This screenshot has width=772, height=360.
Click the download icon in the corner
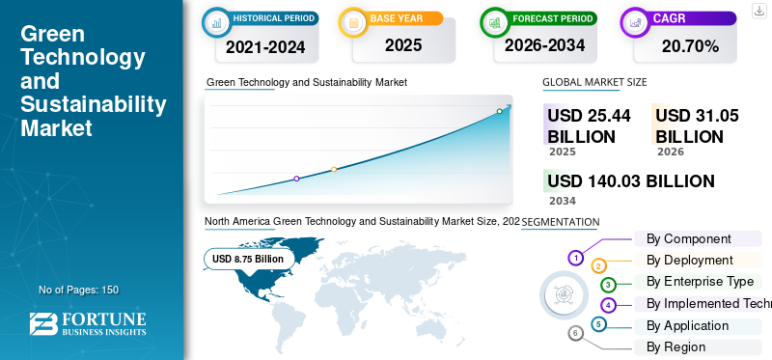(758, 11)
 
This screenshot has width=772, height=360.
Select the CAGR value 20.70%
(690, 46)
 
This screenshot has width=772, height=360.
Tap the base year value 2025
(403, 45)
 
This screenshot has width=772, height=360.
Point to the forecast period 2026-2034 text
(544, 45)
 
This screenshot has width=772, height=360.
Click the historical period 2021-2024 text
(265, 46)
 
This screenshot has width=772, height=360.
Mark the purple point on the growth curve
(296, 179)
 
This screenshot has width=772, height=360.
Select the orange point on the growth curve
(334, 170)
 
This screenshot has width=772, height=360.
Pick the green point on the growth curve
(499, 111)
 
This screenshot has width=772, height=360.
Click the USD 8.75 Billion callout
(248, 259)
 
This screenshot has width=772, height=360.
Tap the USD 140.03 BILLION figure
(631, 181)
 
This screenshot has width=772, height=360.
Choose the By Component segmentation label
(689, 238)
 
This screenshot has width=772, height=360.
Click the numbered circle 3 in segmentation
(608, 284)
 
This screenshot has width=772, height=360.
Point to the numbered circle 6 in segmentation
(575, 334)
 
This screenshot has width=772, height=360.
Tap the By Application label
(687, 325)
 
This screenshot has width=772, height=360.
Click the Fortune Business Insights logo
(88, 324)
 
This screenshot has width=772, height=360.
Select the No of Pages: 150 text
(79, 290)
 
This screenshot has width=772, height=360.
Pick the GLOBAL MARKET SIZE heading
(594, 82)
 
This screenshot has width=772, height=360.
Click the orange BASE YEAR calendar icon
(353, 22)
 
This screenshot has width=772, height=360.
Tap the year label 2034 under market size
(563, 201)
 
